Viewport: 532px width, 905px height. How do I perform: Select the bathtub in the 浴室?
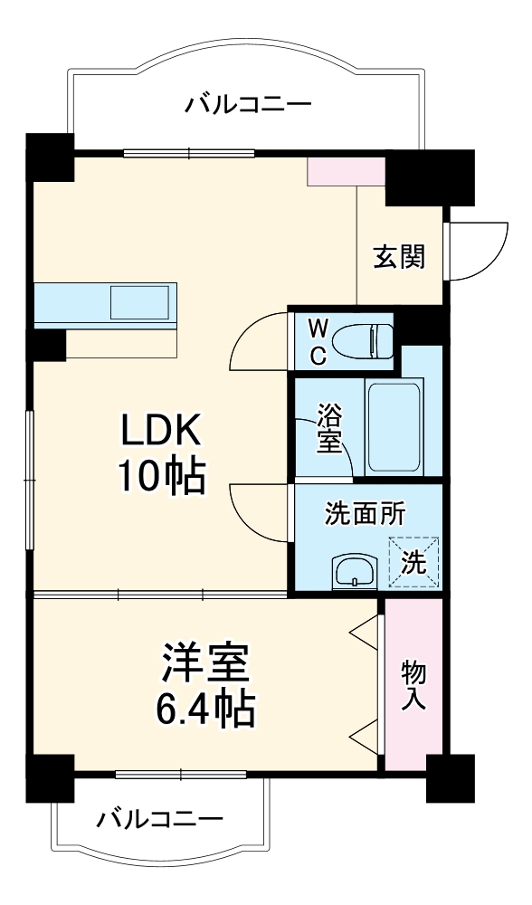(394, 426)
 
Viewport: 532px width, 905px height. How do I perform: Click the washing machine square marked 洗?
(413, 562)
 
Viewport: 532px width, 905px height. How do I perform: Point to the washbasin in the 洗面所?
(354, 572)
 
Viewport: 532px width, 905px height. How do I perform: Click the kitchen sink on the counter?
(139, 301)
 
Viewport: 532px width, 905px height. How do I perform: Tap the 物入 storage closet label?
(413, 684)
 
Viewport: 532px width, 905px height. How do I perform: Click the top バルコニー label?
(249, 105)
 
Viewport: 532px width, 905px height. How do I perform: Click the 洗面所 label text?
(366, 513)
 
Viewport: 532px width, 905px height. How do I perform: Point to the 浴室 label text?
(328, 429)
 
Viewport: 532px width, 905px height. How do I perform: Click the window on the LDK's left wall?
(30, 479)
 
